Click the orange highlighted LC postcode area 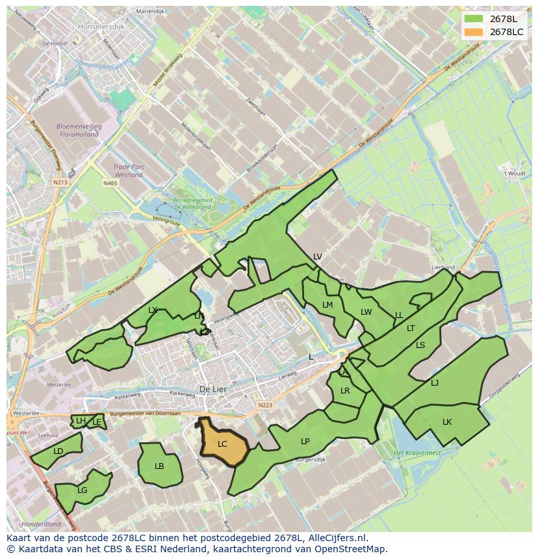pyautogui.click(x=223, y=444)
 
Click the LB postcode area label pyautogui.click(x=159, y=466)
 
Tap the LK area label pyautogui.click(x=447, y=422)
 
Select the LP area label pyautogui.click(x=305, y=441)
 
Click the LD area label pyautogui.click(x=58, y=451)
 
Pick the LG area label pyautogui.click(x=83, y=490)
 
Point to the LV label pyautogui.click(x=317, y=257)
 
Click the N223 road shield pyautogui.click(x=265, y=405)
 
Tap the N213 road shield pyautogui.click(x=60, y=183)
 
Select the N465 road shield pyautogui.click(x=110, y=183)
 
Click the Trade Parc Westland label pyautogui.click(x=128, y=170)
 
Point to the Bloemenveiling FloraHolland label pyautogui.click(x=77, y=130)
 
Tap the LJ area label pyautogui.click(x=435, y=382)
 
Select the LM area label pyautogui.click(x=327, y=305)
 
